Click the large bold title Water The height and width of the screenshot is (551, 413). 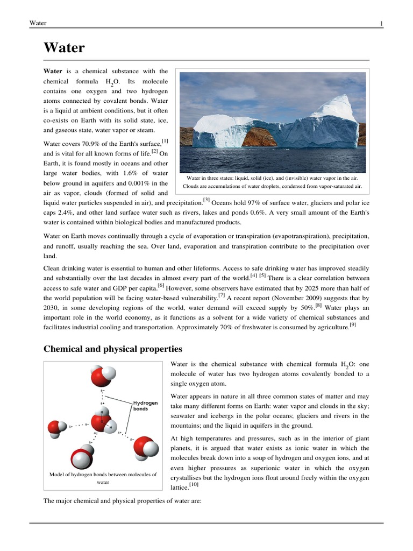pyautogui.click(x=64, y=48)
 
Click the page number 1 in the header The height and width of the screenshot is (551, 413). pyautogui.click(x=381, y=23)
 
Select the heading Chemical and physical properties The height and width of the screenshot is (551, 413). pyautogui.click(x=112, y=349)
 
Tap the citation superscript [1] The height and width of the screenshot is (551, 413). pyautogui.click(x=165, y=141)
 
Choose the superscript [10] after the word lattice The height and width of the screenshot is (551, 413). pyautogui.click(x=194, y=485)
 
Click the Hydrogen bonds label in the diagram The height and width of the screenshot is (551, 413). pyautogui.click(x=145, y=405)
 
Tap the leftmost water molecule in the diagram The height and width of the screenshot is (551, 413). pyautogui.click(x=56, y=428)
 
